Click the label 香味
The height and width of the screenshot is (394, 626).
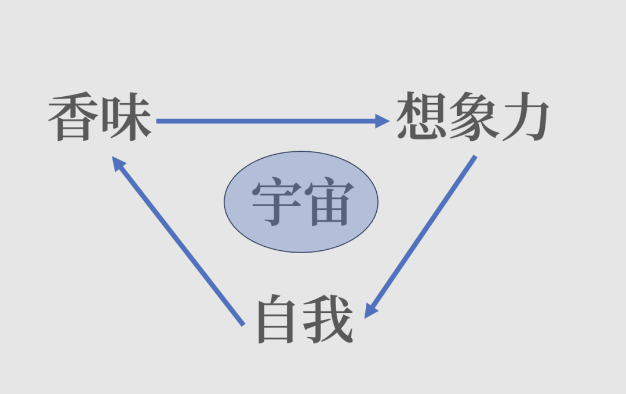[100, 119]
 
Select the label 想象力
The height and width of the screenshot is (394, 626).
[472, 118]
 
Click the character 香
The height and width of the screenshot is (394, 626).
[72, 119]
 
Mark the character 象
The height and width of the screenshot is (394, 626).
[472, 118]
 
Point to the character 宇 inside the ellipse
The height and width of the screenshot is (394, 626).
[275, 203]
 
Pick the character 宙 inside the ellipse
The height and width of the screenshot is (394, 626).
[327, 203]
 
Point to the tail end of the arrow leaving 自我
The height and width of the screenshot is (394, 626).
[242, 323]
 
